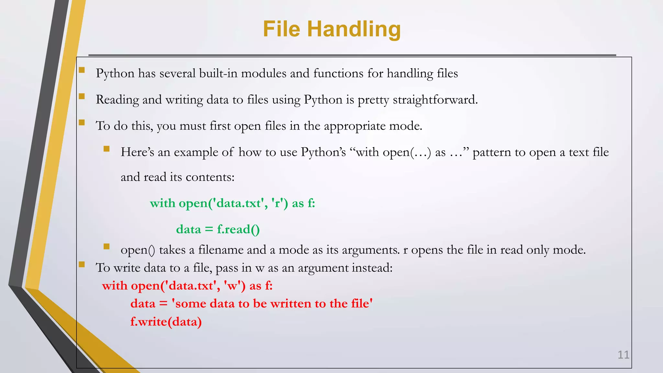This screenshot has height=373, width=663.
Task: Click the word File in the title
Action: pos(282,29)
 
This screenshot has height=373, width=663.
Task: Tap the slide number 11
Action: pos(623,355)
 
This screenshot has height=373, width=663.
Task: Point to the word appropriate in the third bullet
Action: pos(354,126)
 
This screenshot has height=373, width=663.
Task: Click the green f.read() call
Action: pos(238,230)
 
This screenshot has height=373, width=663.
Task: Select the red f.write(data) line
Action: pos(166,322)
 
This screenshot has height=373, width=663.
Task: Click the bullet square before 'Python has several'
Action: pos(82,70)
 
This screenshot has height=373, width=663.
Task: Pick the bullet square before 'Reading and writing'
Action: pos(82,96)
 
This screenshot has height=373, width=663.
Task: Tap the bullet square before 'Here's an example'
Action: pos(107,149)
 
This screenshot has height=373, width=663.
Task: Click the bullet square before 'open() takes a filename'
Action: pos(107,247)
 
